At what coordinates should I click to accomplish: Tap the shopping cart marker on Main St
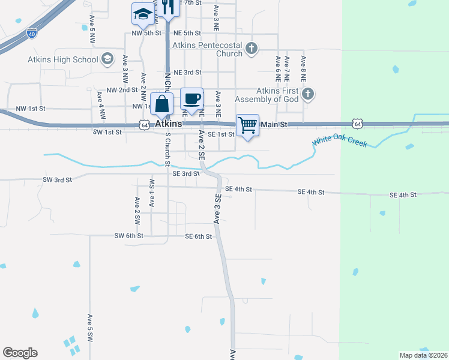[247, 125]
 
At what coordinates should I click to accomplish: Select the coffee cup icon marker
[191, 99]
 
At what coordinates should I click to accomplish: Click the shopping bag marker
[163, 104]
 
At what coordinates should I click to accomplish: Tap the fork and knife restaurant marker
[167, 7]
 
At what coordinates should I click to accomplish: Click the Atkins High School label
[62, 59]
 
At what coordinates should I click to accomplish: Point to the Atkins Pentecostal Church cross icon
[252, 47]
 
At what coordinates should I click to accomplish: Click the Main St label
[275, 124]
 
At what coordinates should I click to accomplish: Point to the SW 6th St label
[129, 236]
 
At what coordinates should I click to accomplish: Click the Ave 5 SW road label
[89, 328]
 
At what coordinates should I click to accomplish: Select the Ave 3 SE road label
[217, 207]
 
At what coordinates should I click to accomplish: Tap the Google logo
[20, 353]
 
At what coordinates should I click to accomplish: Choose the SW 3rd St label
[58, 179]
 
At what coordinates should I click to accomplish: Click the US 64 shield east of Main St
[358, 124]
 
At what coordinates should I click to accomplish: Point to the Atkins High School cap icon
[107, 58]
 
